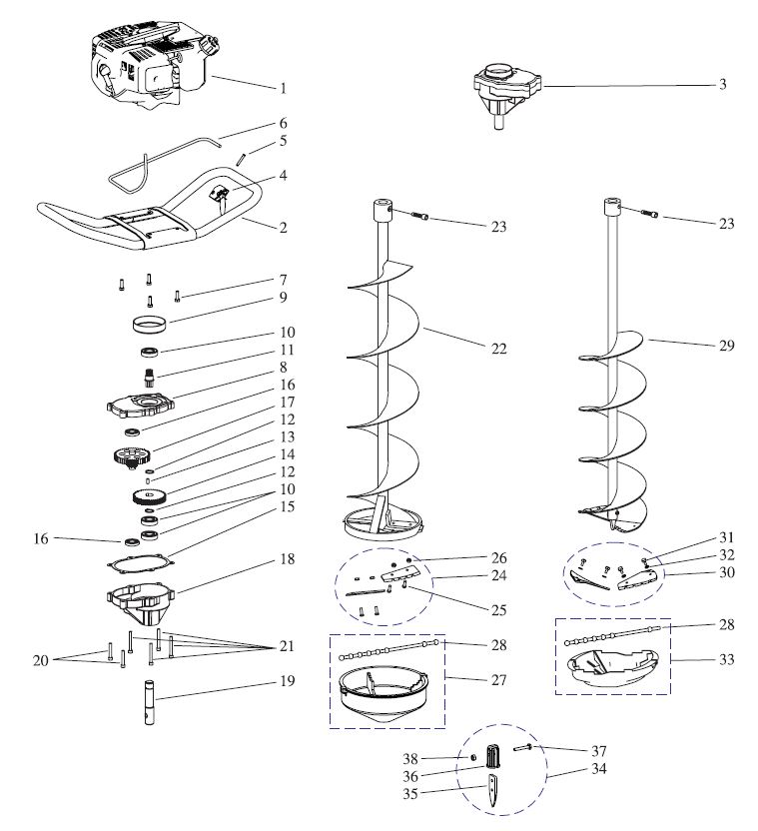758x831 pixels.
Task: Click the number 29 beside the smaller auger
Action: click(726, 346)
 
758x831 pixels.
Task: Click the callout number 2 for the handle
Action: click(283, 228)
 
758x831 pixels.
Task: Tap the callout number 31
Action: click(726, 537)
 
